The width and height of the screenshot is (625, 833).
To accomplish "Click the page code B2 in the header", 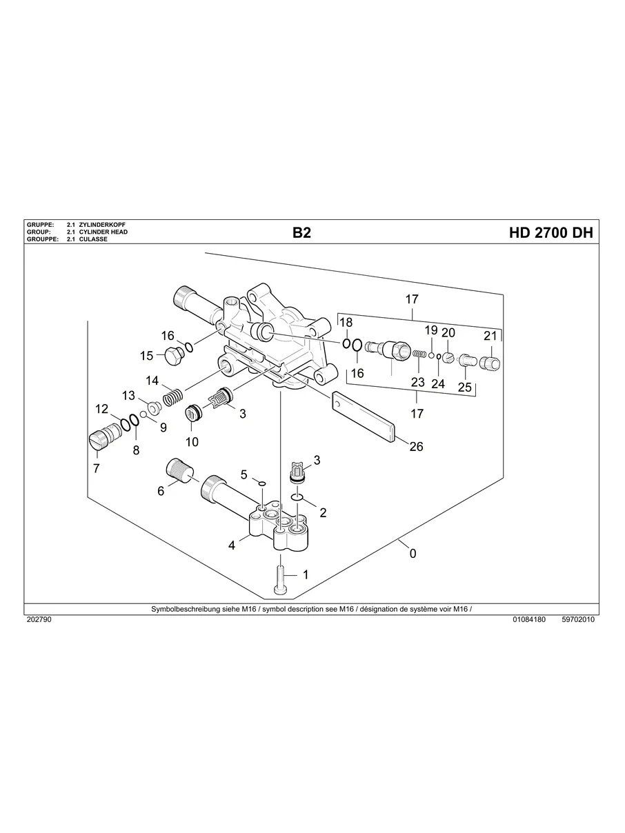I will pyautogui.click(x=301, y=233).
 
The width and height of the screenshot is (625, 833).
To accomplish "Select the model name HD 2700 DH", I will pyautogui.click(x=550, y=233).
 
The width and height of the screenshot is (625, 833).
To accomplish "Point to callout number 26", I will pyautogui.click(x=416, y=447).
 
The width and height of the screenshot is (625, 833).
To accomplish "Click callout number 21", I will pyautogui.click(x=490, y=337).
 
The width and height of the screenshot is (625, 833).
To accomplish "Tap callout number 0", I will pyautogui.click(x=413, y=553).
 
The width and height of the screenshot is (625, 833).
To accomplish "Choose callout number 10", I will pyautogui.click(x=191, y=441).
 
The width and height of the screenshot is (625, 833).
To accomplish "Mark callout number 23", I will pyautogui.click(x=418, y=382).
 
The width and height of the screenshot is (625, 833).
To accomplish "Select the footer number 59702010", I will pyautogui.click(x=578, y=619).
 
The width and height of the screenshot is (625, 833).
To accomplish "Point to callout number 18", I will pyautogui.click(x=346, y=323).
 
